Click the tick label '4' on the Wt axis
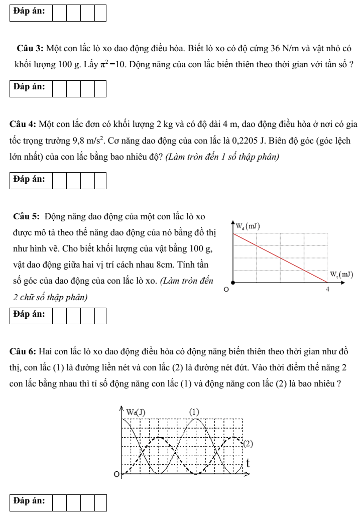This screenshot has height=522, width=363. pos(327,290)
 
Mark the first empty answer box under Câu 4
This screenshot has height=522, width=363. pos(59,180)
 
